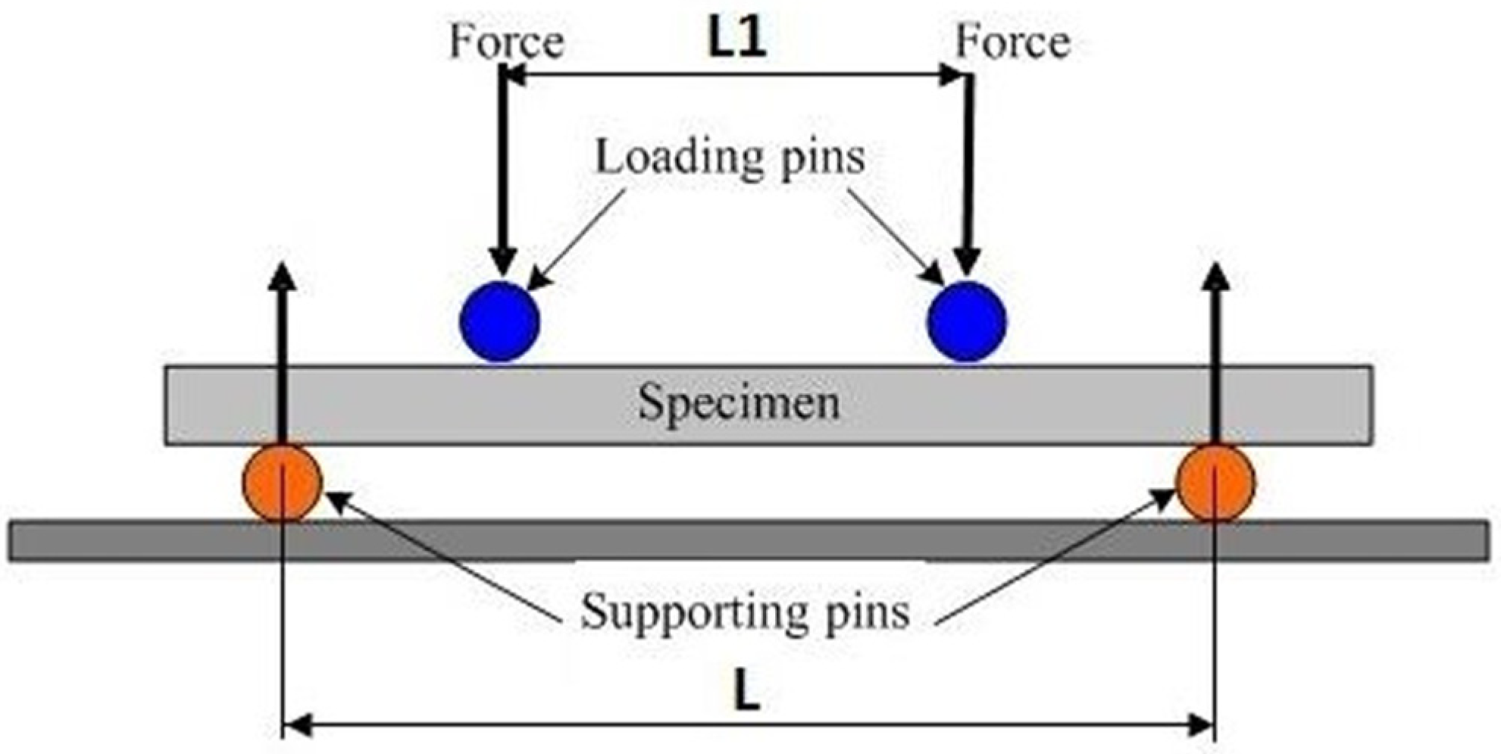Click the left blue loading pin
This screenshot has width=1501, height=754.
499,321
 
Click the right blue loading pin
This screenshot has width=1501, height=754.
967,321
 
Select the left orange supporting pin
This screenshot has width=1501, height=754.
282,483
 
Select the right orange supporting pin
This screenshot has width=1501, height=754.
1215,483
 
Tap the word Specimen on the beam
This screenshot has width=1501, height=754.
738,402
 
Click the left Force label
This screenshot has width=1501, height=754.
506,42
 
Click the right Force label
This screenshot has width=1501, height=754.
1012,42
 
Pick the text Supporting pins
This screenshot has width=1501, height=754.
745,611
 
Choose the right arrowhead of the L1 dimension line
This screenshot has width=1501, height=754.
952,75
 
